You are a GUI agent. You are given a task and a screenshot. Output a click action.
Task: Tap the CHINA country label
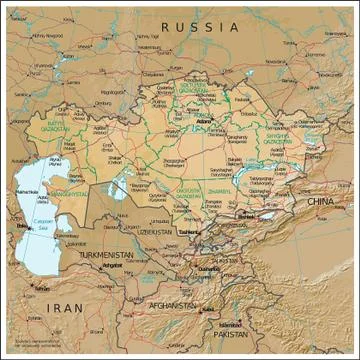[x=320, y=203]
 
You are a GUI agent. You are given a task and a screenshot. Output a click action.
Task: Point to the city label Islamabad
[x=232, y=324]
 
